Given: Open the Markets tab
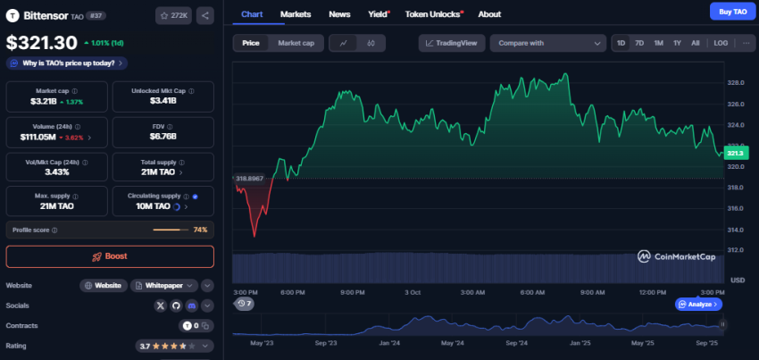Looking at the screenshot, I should click(x=296, y=14).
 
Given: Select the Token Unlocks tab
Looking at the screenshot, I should click(x=432, y=14).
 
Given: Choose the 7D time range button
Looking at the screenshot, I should click(x=639, y=43).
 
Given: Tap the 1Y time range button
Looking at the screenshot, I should click(x=677, y=43).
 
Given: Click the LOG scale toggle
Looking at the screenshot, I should click(x=721, y=43).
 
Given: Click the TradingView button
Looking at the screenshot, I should click(x=451, y=43).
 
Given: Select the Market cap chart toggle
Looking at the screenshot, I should click(x=296, y=43).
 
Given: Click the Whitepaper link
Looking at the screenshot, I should click(x=164, y=285).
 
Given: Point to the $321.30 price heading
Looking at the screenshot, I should click(x=42, y=42).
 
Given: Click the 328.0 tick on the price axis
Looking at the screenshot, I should click(x=736, y=83).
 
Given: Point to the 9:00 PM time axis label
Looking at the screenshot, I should click(x=353, y=292).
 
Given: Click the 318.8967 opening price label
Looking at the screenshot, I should click(x=249, y=178).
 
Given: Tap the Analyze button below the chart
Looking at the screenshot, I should click(x=698, y=304).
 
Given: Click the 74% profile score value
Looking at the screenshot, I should click(x=200, y=230).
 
